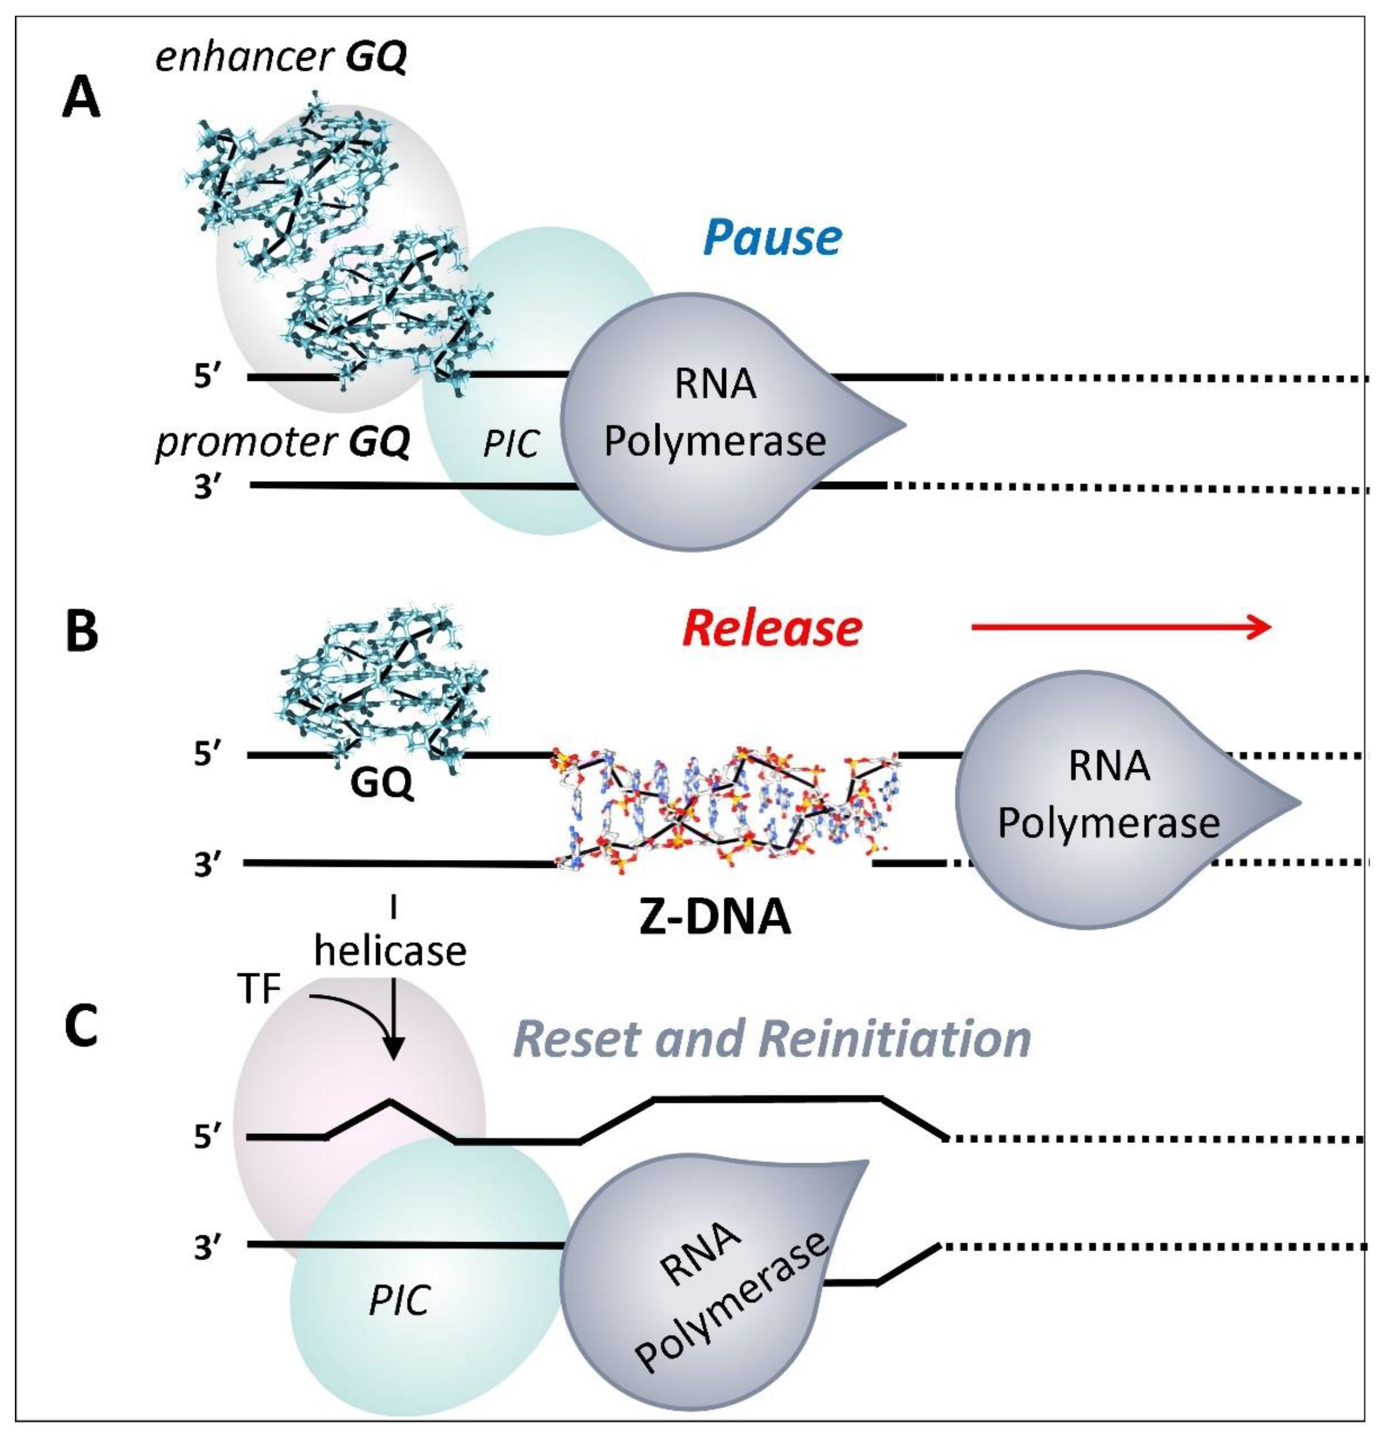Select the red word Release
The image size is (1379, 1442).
click(x=772, y=629)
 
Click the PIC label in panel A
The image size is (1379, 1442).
click(x=511, y=443)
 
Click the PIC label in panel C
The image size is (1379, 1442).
click(x=399, y=1301)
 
